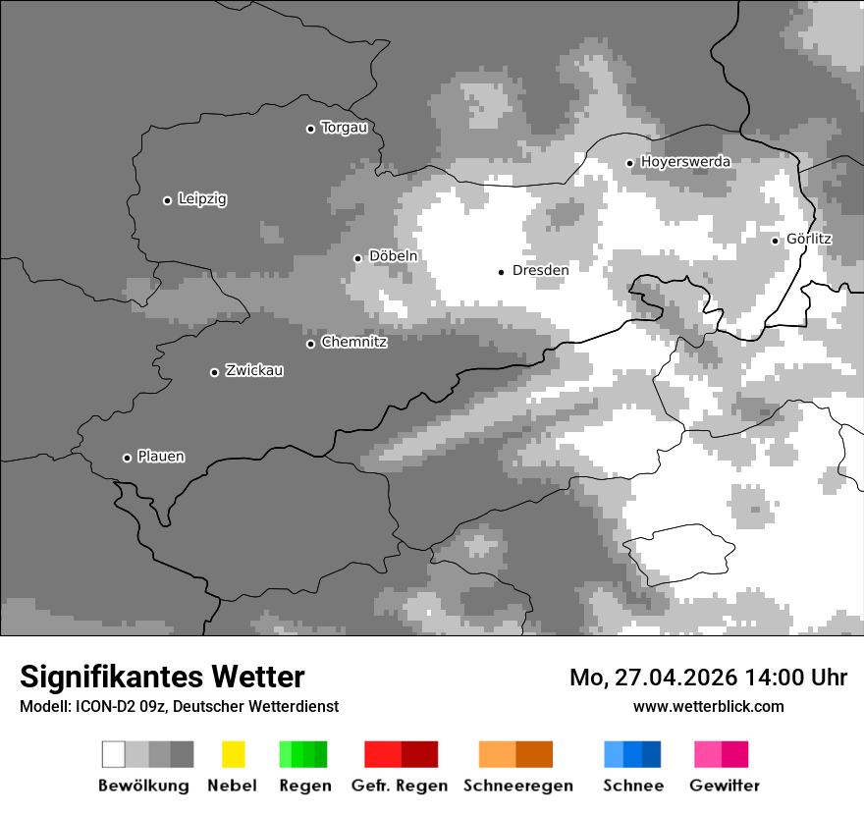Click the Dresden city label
click(x=540, y=270)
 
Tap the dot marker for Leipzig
click(x=167, y=200)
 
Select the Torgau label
click(x=344, y=128)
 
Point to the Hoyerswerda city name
click(x=685, y=162)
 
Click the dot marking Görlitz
click(x=775, y=241)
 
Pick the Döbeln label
click(x=393, y=256)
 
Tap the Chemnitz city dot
click(x=310, y=344)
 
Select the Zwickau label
click(x=254, y=371)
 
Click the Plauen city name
click(x=161, y=457)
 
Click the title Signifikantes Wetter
click(x=162, y=677)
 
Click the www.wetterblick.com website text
click(x=708, y=706)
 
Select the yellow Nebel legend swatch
click(x=233, y=754)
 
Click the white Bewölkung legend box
click(x=114, y=754)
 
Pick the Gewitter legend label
click(x=724, y=786)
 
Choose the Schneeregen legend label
click(x=517, y=786)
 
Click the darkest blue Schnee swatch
click(x=651, y=754)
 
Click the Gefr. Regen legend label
click(x=399, y=786)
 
